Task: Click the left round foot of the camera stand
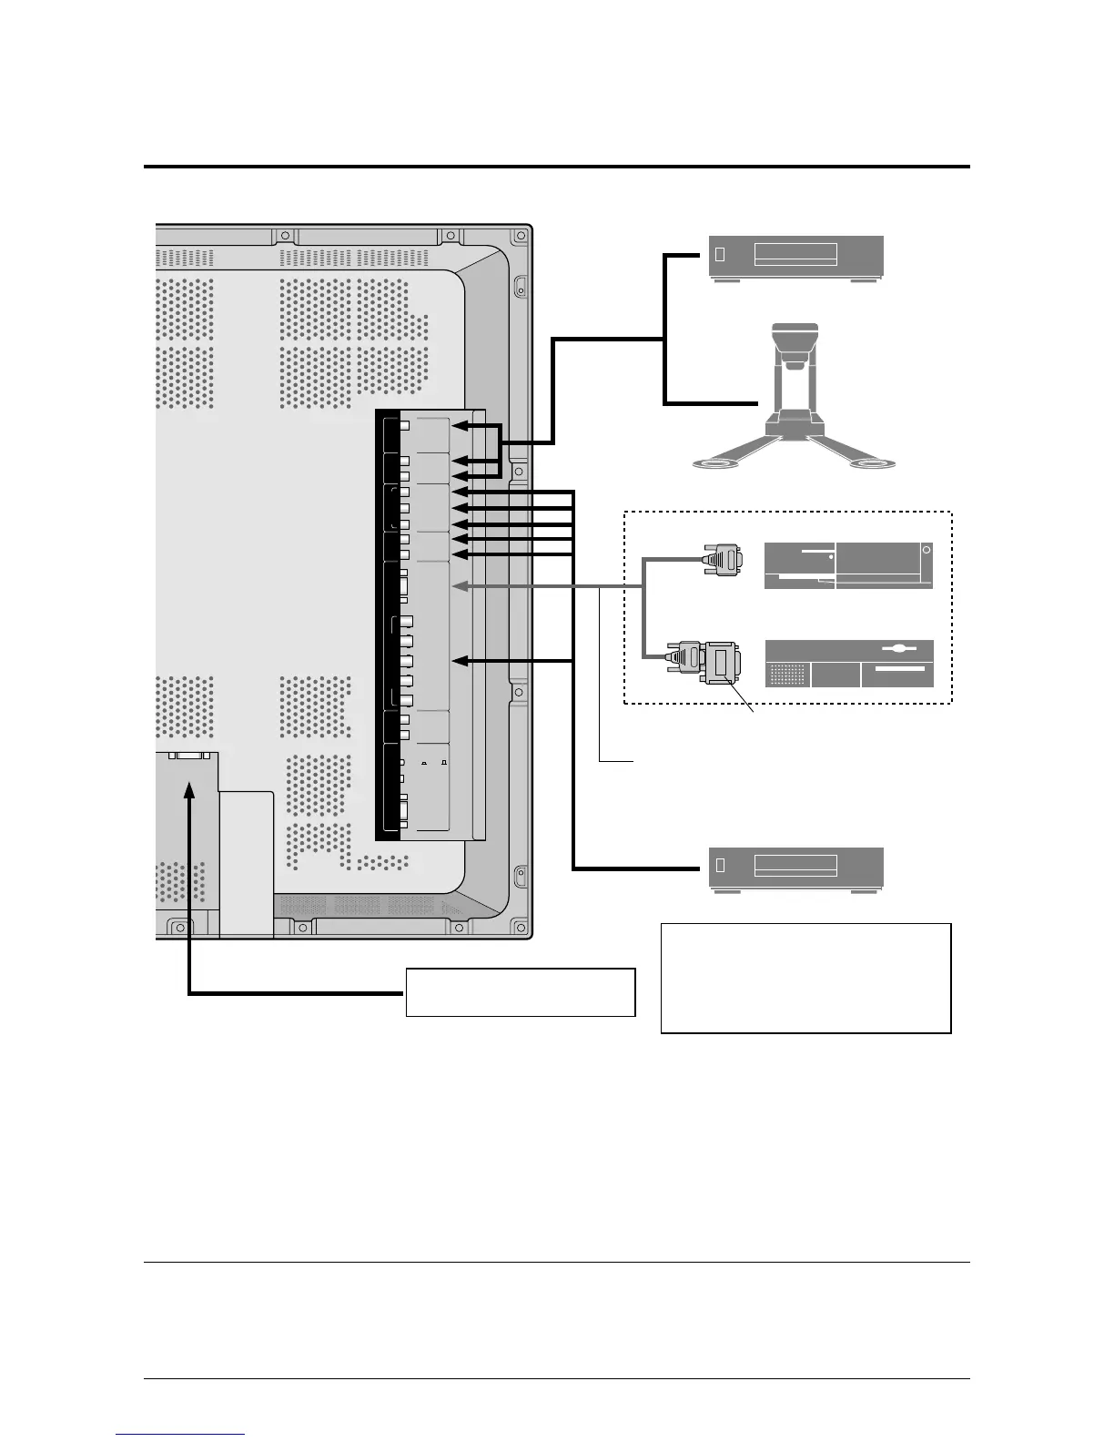pyautogui.click(x=716, y=464)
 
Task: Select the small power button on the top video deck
pyautogui.click(x=720, y=255)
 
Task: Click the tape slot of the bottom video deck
pyautogui.click(x=795, y=865)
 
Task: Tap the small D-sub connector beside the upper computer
pyautogui.click(x=723, y=558)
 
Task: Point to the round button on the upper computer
pyautogui.click(x=926, y=549)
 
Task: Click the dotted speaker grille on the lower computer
pyautogui.click(x=787, y=675)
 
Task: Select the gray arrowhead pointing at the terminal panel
pyautogui.click(x=459, y=586)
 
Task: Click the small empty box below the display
pyautogui.click(x=520, y=991)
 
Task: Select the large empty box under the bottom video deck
pyautogui.click(x=805, y=978)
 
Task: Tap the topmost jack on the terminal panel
pyautogui.click(x=405, y=426)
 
